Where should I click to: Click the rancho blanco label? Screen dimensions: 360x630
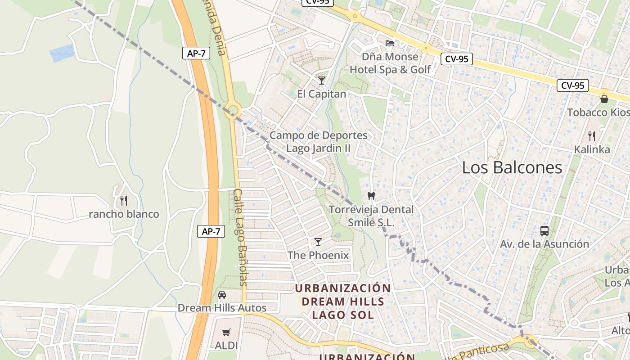(x=124, y=214)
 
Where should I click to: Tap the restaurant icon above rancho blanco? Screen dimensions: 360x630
(x=124, y=200)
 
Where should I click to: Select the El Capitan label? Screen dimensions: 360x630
(x=322, y=94)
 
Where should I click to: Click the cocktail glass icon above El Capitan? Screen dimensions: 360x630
(x=321, y=81)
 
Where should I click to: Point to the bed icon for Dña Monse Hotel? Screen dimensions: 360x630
(x=390, y=43)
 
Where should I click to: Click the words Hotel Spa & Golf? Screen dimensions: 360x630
(x=390, y=69)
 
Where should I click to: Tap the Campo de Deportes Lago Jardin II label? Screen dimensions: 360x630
(x=318, y=142)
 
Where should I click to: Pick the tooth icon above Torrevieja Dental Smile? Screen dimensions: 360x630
(x=371, y=196)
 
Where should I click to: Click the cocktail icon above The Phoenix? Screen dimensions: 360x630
(x=318, y=242)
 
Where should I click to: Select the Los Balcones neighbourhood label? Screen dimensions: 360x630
(x=512, y=168)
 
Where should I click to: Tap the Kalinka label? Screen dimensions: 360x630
(x=592, y=149)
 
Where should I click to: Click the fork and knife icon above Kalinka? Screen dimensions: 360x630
(x=592, y=135)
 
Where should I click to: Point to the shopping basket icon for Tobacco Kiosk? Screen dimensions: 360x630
(x=604, y=99)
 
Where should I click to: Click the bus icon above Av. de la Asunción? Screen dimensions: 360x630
(x=544, y=231)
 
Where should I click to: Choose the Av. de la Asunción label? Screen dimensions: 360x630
(x=544, y=244)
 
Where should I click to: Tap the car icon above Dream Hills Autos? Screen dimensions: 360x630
(x=222, y=295)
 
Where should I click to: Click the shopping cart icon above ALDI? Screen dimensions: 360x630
(x=226, y=332)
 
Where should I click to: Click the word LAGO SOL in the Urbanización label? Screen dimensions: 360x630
(x=343, y=315)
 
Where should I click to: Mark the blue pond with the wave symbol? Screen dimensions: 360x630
(x=62, y=53)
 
